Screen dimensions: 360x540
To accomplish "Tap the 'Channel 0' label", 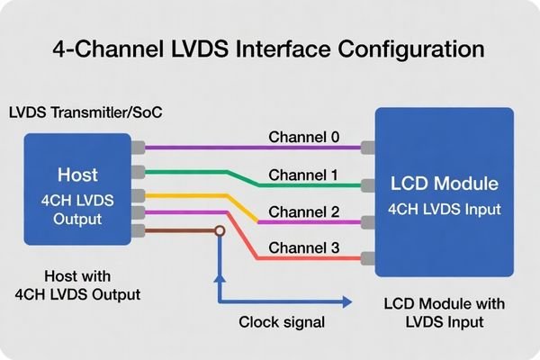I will tap(304, 138).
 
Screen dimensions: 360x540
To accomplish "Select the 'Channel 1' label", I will tap(304, 175).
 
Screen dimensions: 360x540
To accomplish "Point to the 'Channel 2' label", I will tap(304, 212).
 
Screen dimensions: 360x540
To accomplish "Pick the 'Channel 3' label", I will tap(304, 247).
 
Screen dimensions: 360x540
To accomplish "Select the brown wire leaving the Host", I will tap(180, 231).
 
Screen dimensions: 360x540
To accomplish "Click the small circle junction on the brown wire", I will tap(219, 231).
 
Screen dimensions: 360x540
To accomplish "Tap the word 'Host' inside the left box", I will tap(77, 174).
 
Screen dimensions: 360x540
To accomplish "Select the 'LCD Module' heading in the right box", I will tap(444, 184).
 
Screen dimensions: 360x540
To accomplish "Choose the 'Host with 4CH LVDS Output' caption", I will tap(77, 283).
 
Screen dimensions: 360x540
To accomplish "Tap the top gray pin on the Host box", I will tap(138, 147).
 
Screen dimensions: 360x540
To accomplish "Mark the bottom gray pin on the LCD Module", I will tap(367, 258).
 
